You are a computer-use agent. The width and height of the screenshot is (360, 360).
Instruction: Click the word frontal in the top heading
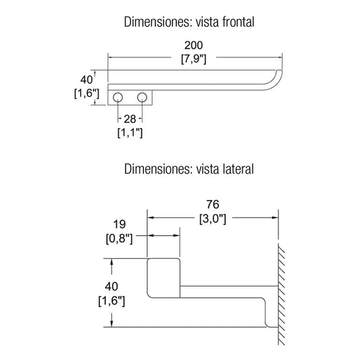[238, 22]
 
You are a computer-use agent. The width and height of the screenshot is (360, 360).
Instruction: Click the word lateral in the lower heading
[238, 169]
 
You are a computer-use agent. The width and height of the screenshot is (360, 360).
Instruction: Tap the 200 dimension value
[194, 45]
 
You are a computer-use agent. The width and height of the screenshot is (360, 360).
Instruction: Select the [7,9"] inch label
[194, 59]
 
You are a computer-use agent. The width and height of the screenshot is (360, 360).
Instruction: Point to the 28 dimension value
[130, 119]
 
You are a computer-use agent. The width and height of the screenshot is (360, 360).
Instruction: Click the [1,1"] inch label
[130, 133]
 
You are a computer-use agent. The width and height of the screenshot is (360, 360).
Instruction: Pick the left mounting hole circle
[118, 97]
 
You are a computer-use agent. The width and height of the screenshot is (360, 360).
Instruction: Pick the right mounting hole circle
[142, 97]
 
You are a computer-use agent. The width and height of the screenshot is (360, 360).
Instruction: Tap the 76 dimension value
[213, 205]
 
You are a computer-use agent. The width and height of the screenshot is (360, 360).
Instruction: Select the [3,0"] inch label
[213, 219]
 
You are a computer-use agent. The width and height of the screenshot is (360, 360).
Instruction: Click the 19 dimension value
[120, 224]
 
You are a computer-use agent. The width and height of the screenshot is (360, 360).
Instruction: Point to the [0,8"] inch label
[120, 239]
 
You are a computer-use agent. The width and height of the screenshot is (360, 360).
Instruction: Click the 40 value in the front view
[86, 80]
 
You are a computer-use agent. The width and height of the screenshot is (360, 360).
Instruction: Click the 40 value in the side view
[111, 286]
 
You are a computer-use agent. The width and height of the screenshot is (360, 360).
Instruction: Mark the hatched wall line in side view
[281, 294]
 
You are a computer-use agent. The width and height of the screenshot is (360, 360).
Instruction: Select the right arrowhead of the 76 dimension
[275, 217]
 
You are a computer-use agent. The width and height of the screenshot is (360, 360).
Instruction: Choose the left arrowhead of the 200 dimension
[111, 57]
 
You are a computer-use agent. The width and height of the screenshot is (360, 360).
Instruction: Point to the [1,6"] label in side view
[111, 301]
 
